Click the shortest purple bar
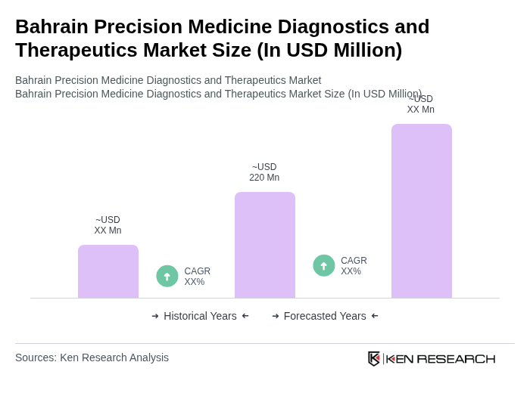(108, 271)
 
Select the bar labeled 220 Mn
(264, 245)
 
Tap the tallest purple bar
(421, 211)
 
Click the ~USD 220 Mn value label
(264, 172)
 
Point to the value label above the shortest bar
(108, 225)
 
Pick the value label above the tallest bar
(421, 104)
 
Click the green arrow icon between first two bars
(167, 276)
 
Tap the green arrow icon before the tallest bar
(324, 265)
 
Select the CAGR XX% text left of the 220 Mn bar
(197, 277)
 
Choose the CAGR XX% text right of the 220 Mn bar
(354, 266)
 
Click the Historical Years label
(200, 316)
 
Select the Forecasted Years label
(325, 316)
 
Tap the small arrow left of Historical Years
(155, 316)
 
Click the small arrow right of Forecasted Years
(375, 316)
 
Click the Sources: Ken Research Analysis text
(92, 357)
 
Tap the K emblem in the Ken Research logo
(374, 358)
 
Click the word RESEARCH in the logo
(456, 358)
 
